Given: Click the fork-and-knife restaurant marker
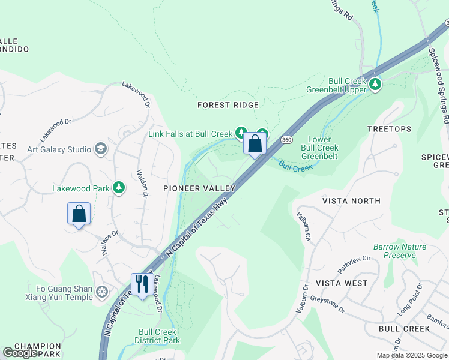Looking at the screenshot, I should click(142, 284).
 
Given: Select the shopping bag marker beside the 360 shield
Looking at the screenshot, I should click(255, 144).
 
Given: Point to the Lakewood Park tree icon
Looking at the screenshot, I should click(119, 188).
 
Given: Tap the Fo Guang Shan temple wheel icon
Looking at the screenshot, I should click(103, 292).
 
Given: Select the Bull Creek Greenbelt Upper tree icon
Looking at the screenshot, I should click(375, 84).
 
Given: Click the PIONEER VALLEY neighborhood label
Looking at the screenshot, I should click(199, 188).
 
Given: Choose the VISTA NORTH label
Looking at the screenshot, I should click(351, 201).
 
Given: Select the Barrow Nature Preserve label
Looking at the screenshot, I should click(399, 251).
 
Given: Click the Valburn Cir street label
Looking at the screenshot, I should click(303, 226).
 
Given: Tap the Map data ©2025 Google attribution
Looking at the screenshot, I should click(411, 355).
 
